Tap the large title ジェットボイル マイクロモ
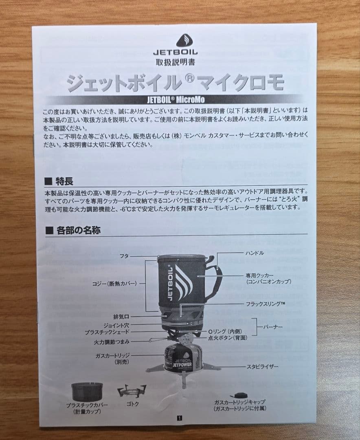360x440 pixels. point(175,83)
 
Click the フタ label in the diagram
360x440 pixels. point(124,256)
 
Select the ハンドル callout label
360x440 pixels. point(255,253)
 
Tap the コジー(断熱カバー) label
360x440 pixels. point(114,283)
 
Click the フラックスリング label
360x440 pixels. point(265,304)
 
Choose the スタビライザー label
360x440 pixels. point(262,367)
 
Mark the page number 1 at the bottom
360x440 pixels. point(180,418)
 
